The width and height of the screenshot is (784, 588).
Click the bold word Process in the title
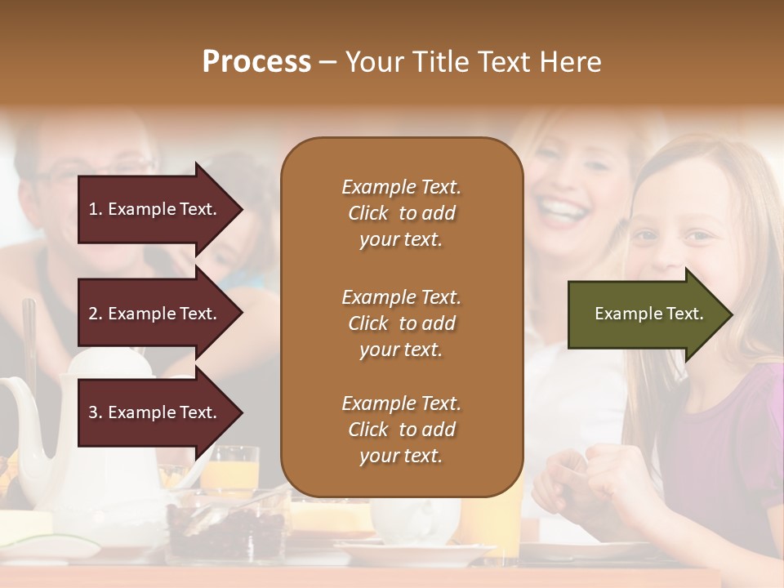coord(256,62)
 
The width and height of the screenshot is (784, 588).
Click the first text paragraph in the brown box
coord(401,213)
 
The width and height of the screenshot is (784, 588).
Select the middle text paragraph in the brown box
coord(401,323)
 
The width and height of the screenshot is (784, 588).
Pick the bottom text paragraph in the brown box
coord(401,430)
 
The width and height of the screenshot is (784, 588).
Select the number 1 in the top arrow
coord(92,209)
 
